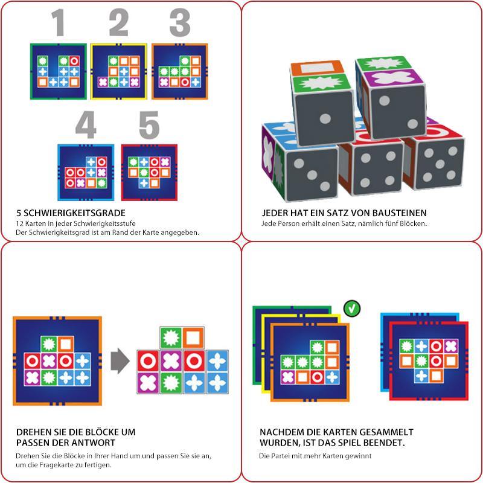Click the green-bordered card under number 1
click(x=58, y=71)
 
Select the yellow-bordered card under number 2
click(x=119, y=71)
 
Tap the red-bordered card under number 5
click(x=149, y=171)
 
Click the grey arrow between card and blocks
click(x=120, y=362)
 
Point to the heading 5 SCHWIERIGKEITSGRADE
click(x=71, y=213)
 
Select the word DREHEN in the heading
click(x=35, y=433)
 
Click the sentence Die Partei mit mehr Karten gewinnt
click(x=316, y=456)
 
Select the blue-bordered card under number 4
click(x=86, y=171)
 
